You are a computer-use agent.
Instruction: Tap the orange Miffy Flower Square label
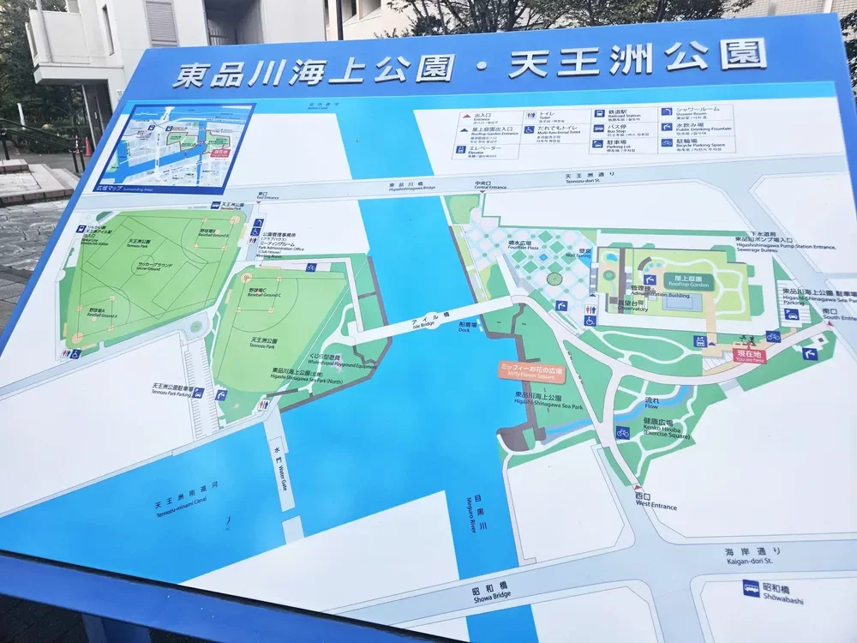531,370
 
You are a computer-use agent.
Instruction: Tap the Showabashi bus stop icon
751,588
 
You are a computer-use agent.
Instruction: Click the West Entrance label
656,502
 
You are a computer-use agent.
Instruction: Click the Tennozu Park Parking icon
198,393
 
